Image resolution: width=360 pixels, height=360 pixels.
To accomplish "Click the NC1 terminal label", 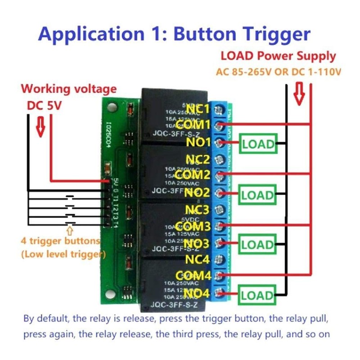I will click(x=198, y=108).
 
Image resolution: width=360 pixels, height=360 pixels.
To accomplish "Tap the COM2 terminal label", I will click(x=193, y=175).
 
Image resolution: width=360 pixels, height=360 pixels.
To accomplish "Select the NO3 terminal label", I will click(x=197, y=243).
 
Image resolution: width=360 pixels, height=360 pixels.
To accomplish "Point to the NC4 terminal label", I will click(x=198, y=260).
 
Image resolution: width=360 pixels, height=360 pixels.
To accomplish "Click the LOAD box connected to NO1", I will click(x=258, y=144).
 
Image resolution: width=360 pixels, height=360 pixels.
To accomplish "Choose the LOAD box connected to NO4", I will click(x=258, y=295).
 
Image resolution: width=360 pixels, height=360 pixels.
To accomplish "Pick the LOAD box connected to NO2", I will click(x=258, y=195).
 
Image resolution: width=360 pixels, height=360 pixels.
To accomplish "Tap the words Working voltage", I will click(x=69, y=89).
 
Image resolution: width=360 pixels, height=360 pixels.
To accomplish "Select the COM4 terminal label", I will click(x=193, y=275).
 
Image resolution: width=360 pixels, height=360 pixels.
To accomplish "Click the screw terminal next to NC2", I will click(x=220, y=159).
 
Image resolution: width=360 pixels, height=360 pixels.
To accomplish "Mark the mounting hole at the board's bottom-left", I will click(x=108, y=293).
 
